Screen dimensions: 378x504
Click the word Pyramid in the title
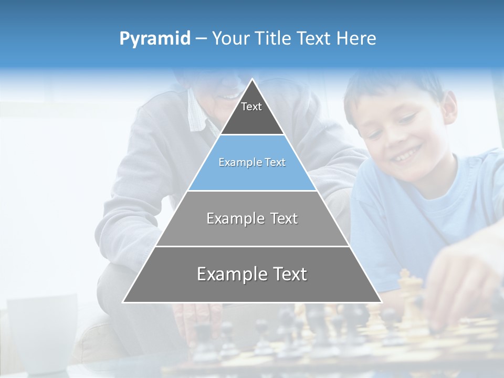(154, 39)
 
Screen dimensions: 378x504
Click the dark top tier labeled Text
(251, 115)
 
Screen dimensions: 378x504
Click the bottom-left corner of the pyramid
(124, 302)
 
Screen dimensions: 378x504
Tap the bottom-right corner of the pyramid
(381, 302)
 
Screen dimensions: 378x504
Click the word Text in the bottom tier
(286, 274)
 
